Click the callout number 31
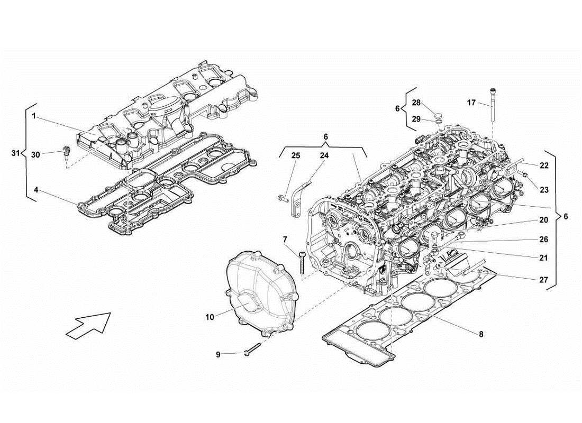click(x=16, y=153)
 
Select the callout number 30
click(x=35, y=154)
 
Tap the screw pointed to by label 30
click(x=67, y=152)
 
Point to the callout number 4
click(x=35, y=189)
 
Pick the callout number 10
click(x=210, y=317)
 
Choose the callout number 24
click(x=324, y=155)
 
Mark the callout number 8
click(x=480, y=334)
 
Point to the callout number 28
click(x=416, y=103)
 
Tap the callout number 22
click(x=544, y=165)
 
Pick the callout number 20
click(x=543, y=219)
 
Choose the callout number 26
click(x=543, y=239)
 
